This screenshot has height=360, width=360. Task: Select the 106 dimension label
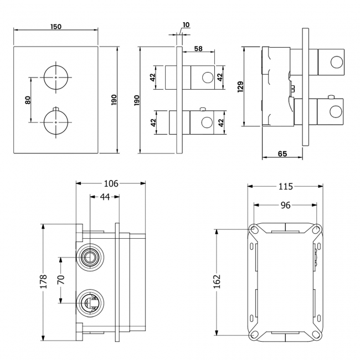111,183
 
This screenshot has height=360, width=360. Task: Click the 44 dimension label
104,197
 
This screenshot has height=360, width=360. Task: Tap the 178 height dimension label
43,281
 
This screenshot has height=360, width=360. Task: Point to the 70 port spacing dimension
61,280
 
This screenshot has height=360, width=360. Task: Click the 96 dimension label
285,205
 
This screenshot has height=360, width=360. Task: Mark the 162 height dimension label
217,281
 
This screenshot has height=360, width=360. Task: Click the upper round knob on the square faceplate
55,76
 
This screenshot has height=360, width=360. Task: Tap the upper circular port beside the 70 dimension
89,256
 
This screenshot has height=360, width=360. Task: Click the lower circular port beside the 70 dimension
89,302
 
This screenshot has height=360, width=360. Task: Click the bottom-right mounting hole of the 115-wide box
316,333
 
